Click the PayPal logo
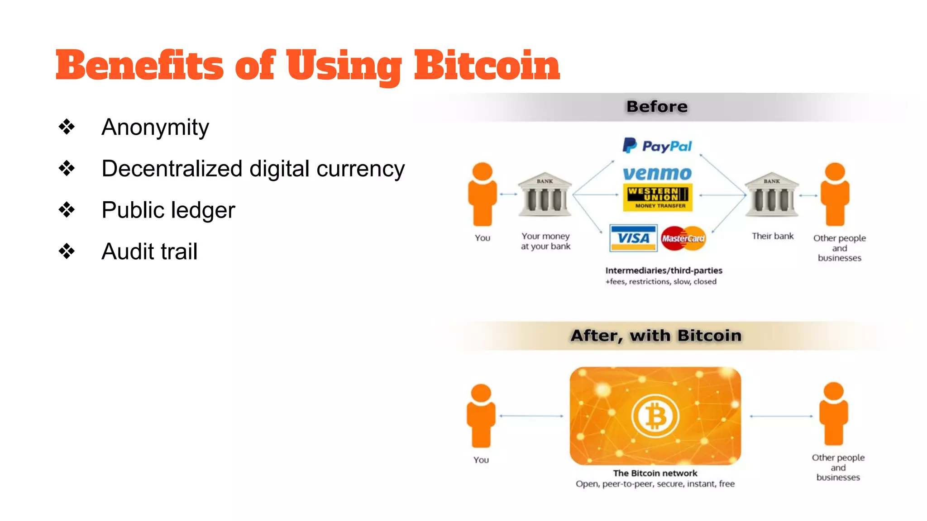click(x=657, y=146)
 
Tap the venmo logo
click(x=657, y=173)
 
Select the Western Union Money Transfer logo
click(x=658, y=197)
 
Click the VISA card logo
click(x=633, y=238)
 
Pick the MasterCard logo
click(x=683, y=238)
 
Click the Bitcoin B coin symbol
click(x=655, y=416)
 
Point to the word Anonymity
click(x=155, y=128)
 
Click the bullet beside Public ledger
click(x=67, y=210)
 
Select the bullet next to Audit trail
click(x=67, y=251)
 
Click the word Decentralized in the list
click(x=172, y=169)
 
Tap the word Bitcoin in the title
click(x=487, y=66)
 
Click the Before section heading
click(x=657, y=107)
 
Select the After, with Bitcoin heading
click(x=656, y=336)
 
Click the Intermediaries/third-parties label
click(x=664, y=270)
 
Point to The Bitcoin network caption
click(x=655, y=473)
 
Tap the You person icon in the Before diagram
click(x=483, y=194)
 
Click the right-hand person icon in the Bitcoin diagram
click(x=833, y=414)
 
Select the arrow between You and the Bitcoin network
click(x=531, y=416)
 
